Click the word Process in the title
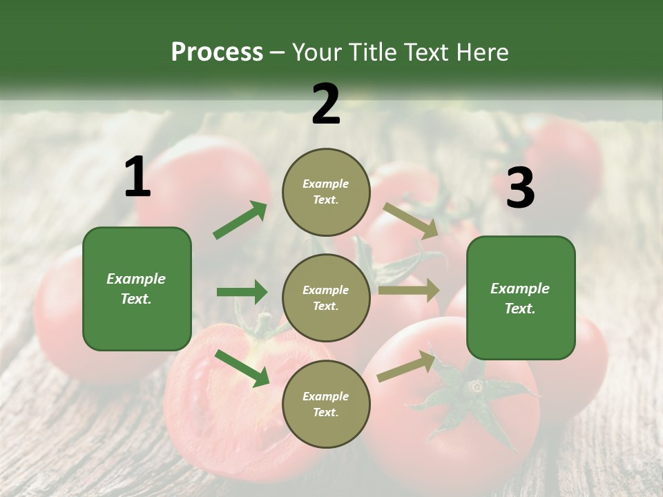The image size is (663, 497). tap(217, 52)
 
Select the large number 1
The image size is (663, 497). tap(137, 177)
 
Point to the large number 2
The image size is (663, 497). tap(326, 104)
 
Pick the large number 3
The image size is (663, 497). tap(520, 188)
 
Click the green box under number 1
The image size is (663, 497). tap(137, 289)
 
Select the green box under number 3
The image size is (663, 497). tap(521, 298)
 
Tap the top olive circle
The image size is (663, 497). tap(326, 192)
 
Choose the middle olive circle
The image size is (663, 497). tap(326, 298)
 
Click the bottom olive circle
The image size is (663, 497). tap(326, 404)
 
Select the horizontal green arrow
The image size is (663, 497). tap(242, 292)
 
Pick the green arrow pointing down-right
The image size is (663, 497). tap(242, 368)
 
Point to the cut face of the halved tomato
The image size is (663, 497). tap(221, 407)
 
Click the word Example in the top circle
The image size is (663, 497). tap(326, 184)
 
